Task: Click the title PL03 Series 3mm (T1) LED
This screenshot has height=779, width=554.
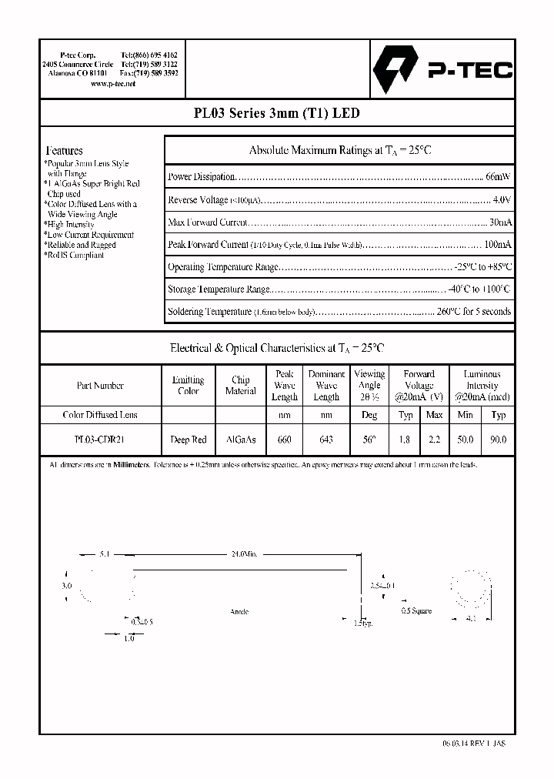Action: [x=275, y=113]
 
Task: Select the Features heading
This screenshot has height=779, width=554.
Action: [x=64, y=151]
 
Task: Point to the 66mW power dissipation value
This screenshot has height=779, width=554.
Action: [x=497, y=176]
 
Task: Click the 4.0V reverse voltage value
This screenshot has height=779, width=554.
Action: [x=501, y=199]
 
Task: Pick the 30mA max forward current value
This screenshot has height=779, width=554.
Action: [x=499, y=222]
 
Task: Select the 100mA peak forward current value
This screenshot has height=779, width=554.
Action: [x=497, y=245]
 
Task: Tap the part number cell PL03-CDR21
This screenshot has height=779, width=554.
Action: [x=100, y=440]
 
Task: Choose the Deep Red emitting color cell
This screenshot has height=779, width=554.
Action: [x=188, y=440]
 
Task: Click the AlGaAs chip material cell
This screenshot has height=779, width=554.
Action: [x=240, y=440]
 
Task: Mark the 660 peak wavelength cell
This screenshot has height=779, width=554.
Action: [x=284, y=440]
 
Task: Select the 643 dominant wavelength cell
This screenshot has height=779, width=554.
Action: [x=326, y=440]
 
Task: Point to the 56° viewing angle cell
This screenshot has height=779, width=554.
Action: [x=369, y=440]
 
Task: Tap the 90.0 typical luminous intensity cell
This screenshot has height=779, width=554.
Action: [x=498, y=440]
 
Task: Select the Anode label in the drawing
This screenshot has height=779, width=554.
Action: [x=239, y=611]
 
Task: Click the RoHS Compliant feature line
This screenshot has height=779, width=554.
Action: [x=75, y=255]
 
